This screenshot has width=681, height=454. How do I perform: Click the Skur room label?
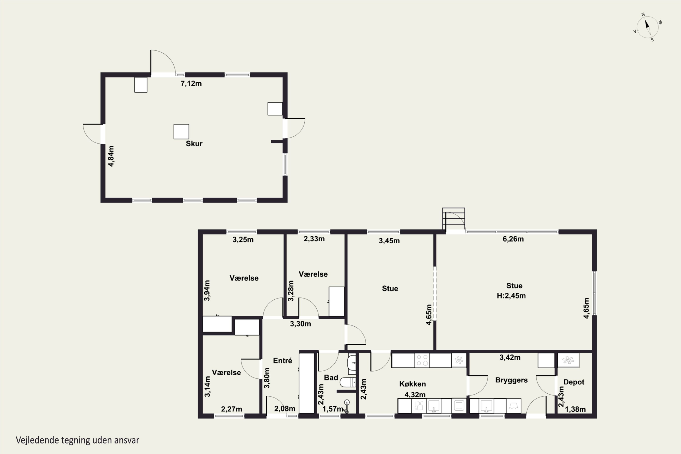(194, 144)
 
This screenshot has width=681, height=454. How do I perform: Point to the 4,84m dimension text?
(111, 156)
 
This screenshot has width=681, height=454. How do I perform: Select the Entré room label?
(283, 361)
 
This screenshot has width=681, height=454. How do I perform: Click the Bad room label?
(331, 378)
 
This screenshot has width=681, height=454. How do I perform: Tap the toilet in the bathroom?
(348, 382)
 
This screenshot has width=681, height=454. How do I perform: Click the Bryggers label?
(511, 380)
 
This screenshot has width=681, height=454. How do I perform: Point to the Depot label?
(574, 382)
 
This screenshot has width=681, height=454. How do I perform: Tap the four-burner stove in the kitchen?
(422, 360)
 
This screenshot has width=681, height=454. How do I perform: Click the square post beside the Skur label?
(181, 132)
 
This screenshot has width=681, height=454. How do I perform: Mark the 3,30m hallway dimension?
(301, 324)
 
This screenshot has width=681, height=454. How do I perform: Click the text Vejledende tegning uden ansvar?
(78, 440)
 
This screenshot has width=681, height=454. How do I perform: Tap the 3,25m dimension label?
(243, 240)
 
